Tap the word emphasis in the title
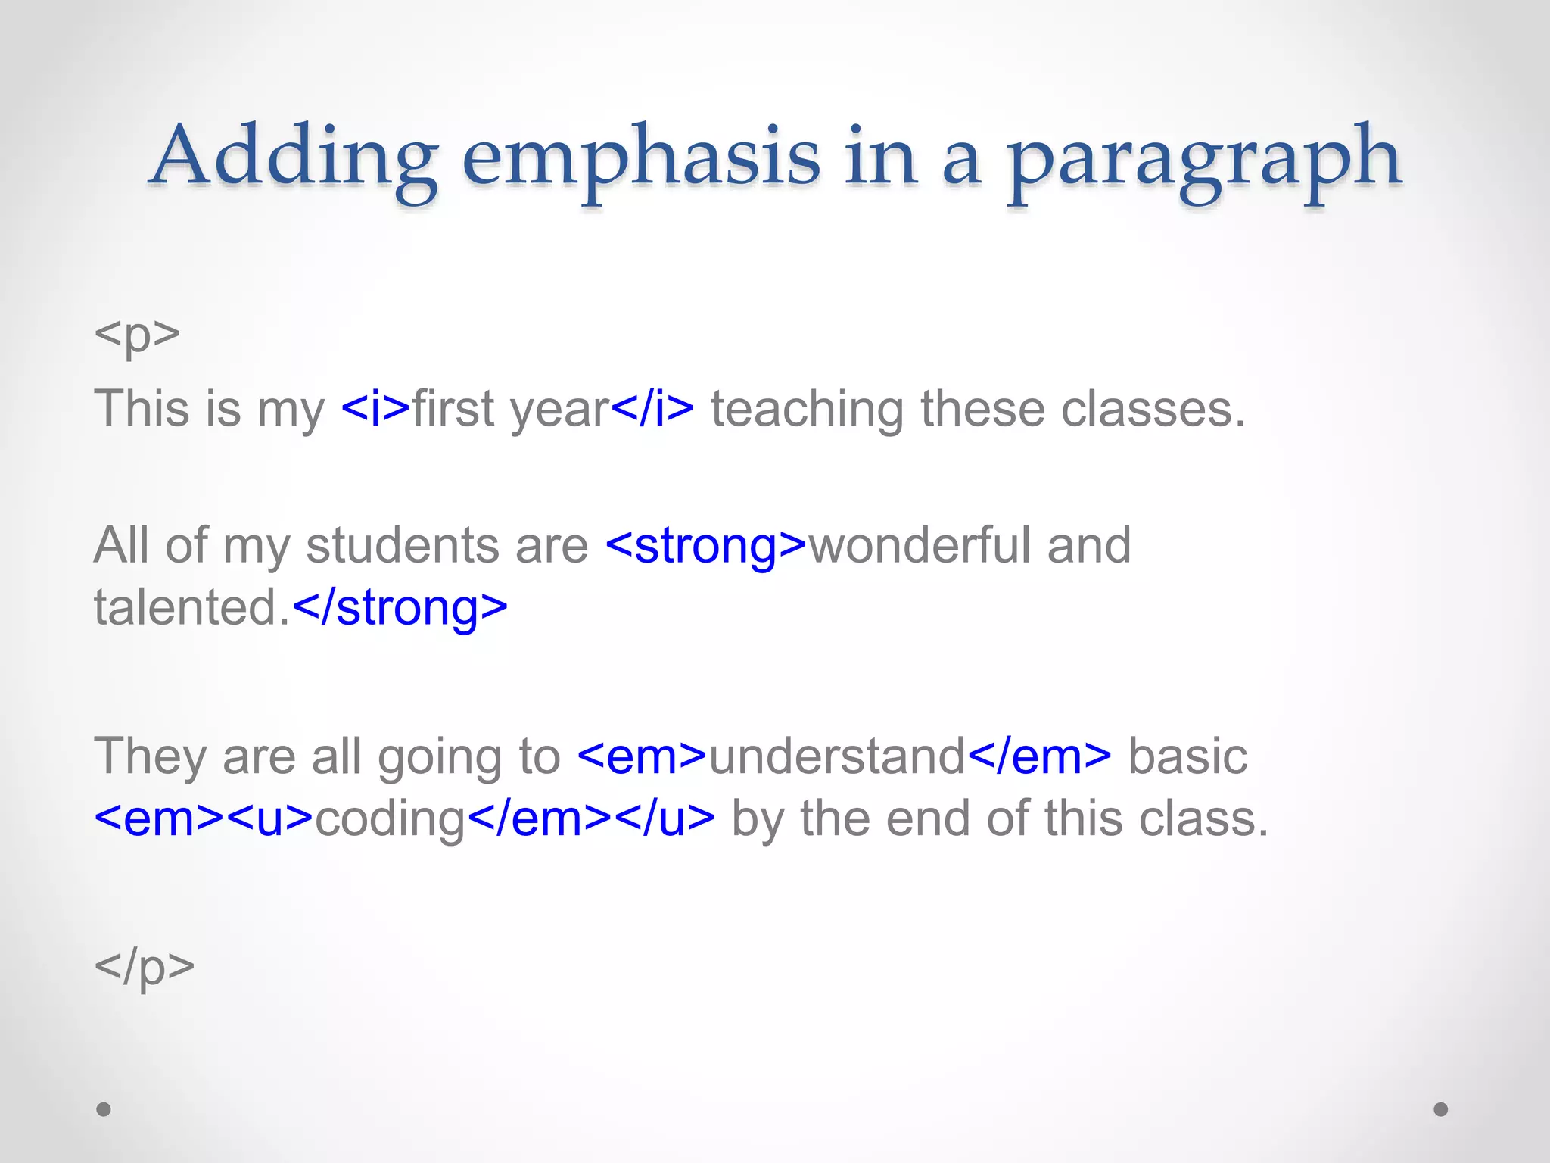coord(640,157)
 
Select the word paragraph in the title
coord(1203,157)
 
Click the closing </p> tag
coord(144,966)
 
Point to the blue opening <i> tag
coord(375,409)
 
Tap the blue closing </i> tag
coord(652,409)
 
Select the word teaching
coord(807,409)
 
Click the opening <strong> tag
coord(706,545)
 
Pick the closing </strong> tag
coord(399,607)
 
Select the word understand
coord(836,756)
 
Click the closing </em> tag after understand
coord(1039,756)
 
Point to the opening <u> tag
coord(269,818)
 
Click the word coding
coord(390,818)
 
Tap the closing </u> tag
coord(665,818)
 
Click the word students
coord(402,545)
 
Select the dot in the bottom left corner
coord(104,1109)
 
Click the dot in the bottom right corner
coord(1441,1109)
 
